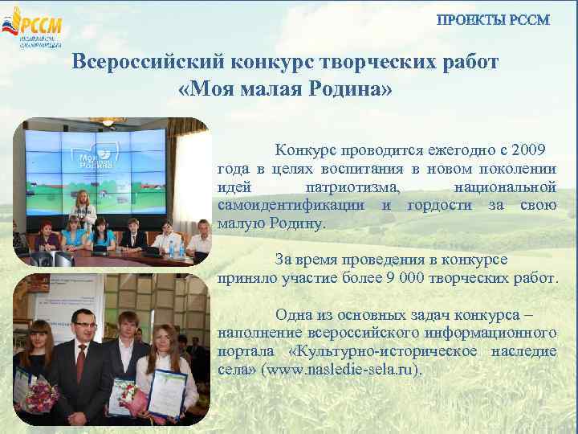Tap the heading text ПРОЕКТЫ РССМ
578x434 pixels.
(493, 20)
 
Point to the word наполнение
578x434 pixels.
(258, 333)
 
